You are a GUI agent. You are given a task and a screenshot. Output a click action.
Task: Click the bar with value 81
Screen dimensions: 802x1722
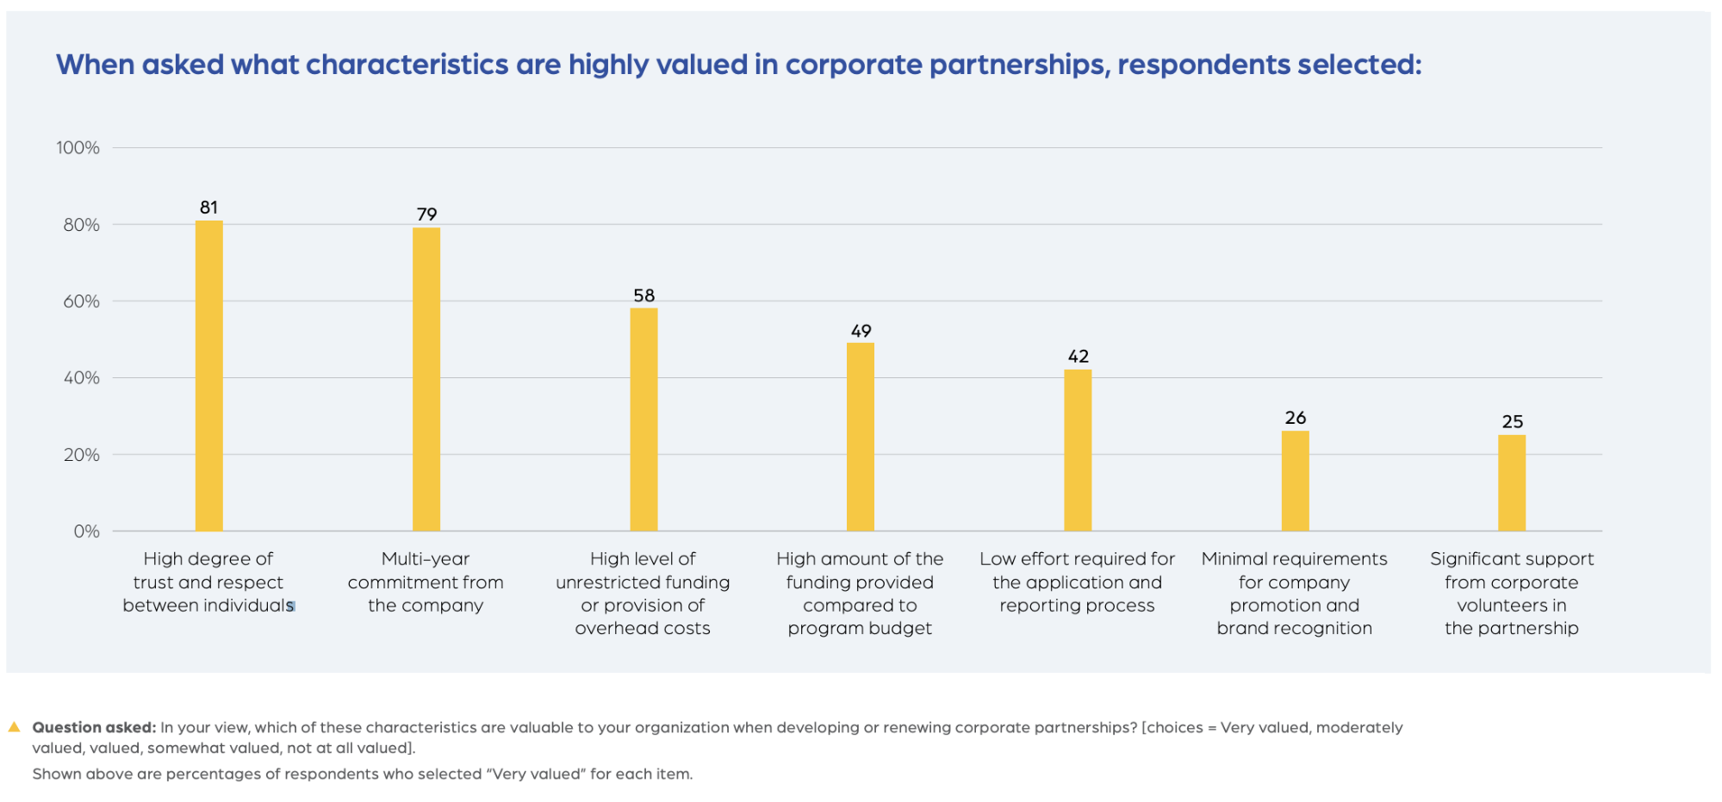coord(208,376)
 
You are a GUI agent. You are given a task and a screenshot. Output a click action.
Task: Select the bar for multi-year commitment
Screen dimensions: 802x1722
coord(426,379)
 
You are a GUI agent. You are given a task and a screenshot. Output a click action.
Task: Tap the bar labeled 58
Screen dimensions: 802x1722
coord(643,420)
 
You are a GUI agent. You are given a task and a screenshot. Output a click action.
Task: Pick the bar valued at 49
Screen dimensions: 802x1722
coord(860,437)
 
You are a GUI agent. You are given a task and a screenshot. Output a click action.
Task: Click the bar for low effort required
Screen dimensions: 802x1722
coord(1077,450)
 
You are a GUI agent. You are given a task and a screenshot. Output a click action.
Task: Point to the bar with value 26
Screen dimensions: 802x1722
coord(1295,481)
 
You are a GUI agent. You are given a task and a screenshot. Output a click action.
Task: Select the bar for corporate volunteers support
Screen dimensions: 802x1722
coord(1511,482)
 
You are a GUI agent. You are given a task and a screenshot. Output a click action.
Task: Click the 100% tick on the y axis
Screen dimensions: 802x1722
coord(78,147)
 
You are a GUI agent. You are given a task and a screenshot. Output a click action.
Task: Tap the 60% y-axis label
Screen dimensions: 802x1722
coord(81,302)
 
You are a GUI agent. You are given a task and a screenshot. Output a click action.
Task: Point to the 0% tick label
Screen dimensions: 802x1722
coord(86,532)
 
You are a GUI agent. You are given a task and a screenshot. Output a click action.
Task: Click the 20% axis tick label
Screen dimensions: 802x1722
coord(81,455)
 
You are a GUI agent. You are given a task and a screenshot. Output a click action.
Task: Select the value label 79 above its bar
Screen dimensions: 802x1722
coord(426,214)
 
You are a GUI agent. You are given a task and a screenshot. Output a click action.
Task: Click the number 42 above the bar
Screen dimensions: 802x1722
coord(1078,356)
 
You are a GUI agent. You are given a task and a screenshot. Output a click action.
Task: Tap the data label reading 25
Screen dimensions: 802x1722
coord(1512,421)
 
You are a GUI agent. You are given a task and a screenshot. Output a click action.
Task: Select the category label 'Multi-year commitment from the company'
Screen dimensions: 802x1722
coord(426,581)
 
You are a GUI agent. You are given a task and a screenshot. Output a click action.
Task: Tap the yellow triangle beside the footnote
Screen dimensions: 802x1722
coord(14,727)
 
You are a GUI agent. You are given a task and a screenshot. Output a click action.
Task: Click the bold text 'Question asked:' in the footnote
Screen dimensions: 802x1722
coord(94,727)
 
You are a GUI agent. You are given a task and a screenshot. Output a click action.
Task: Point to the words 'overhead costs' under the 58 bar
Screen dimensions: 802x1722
coord(643,628)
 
